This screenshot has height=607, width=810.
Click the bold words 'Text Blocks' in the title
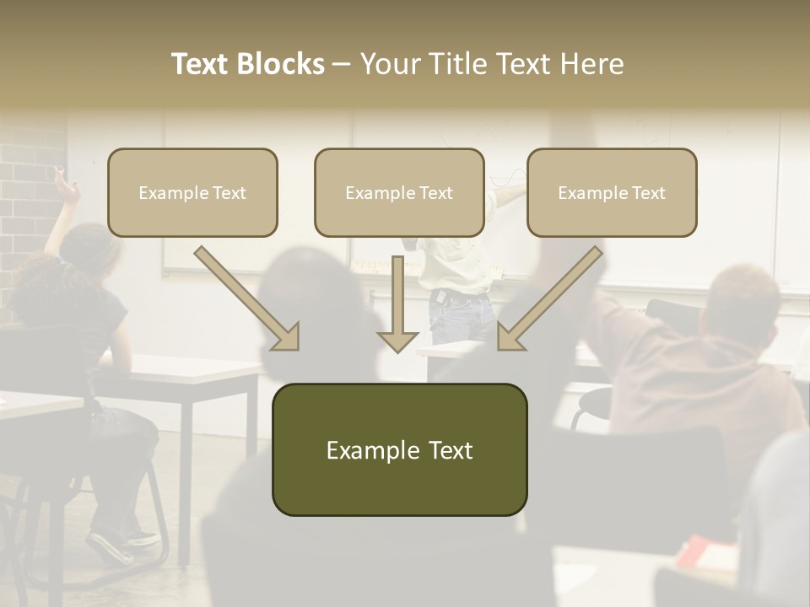point(247,64)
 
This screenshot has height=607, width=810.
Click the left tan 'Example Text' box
point(192,192)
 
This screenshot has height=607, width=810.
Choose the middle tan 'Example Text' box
point(399,192)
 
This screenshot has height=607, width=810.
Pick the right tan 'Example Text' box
point(612,192)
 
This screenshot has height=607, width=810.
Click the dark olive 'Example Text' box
point(399,450)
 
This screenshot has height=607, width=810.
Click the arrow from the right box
point(549,298)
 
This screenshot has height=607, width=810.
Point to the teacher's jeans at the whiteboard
point(461,317)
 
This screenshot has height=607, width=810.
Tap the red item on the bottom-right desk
point(705,553)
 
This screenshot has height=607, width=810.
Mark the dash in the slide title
point(342,64)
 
